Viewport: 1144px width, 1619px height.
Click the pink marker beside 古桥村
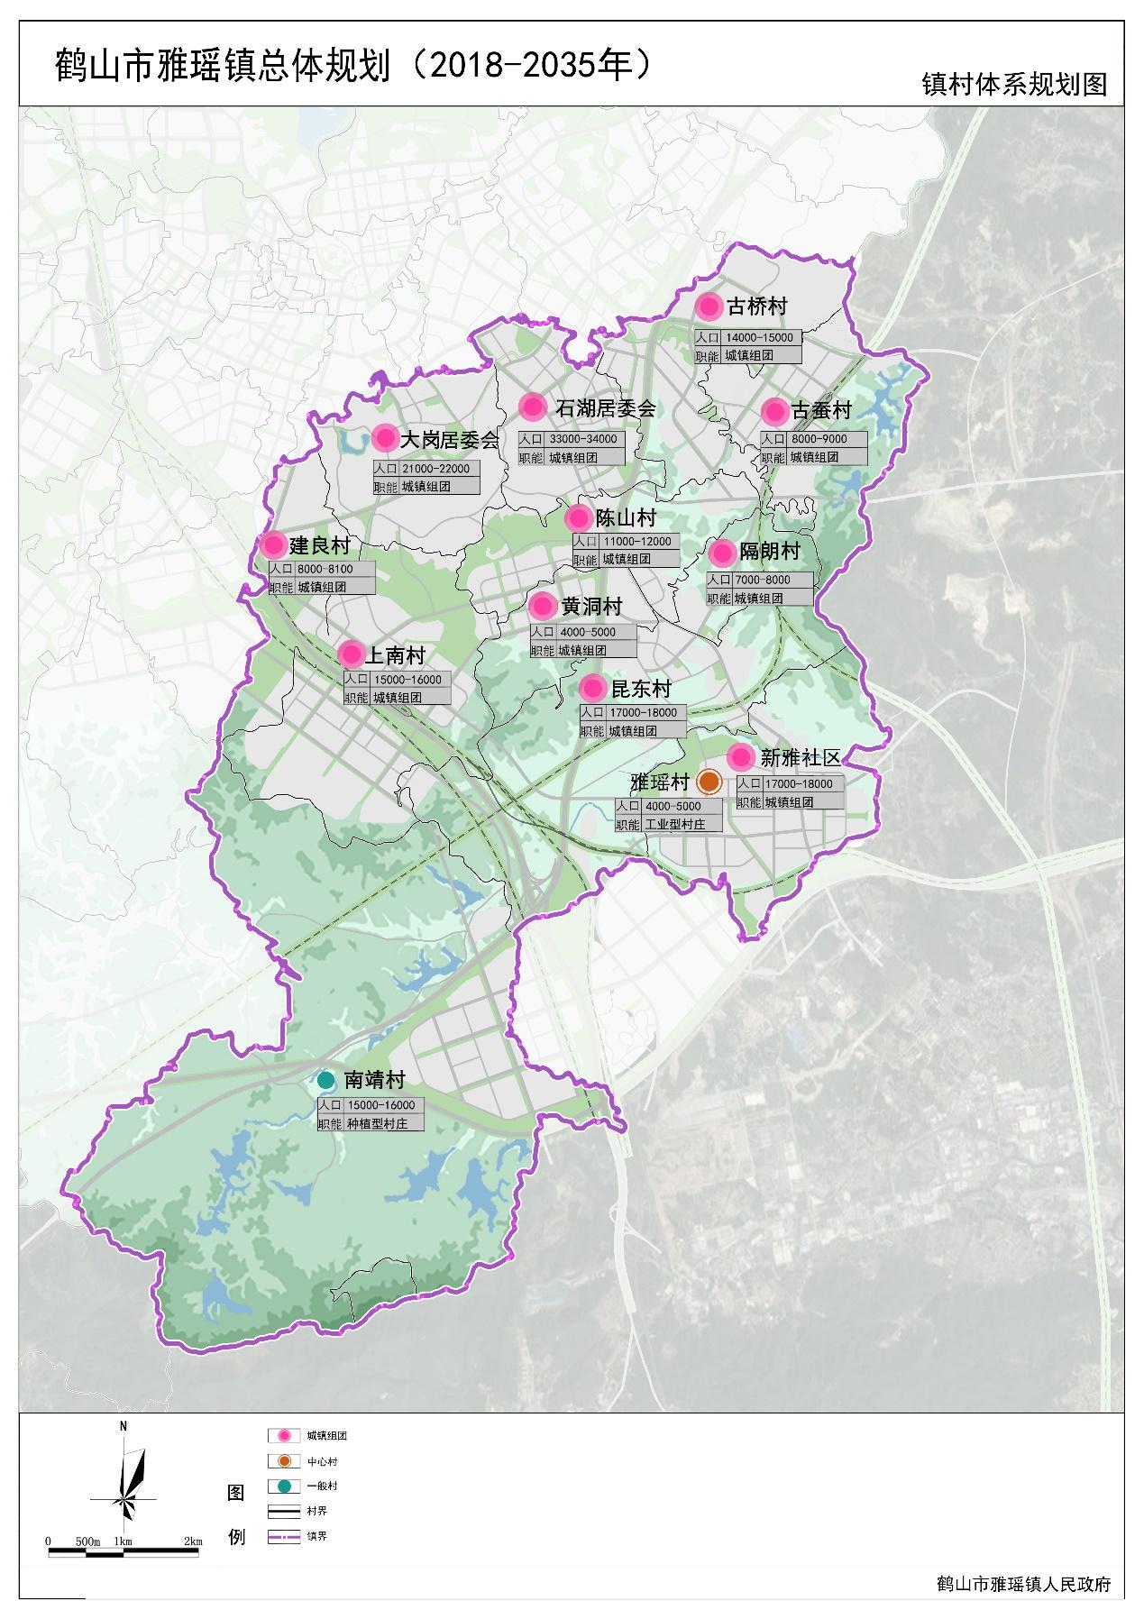(x=709, y=307)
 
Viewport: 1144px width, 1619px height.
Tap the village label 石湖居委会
(x=606, y=408)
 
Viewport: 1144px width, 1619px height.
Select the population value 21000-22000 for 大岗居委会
(x=439, y=469)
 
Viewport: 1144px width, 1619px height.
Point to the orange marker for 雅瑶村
(x=709, y=782)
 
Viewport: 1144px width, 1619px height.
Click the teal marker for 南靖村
(x=326, y=1079)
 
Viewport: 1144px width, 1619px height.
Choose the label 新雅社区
(x=801, y=757)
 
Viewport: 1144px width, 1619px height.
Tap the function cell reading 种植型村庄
(x=378, y=1124)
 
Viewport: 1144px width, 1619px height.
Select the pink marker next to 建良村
(x=273, y=544)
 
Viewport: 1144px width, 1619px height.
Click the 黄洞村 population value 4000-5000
(x=587, y=632)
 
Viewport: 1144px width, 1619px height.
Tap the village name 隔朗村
(x=769, y=551)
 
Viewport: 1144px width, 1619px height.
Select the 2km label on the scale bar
(x=192, y=1541)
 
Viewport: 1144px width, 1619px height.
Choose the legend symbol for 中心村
(x=283, y=1461)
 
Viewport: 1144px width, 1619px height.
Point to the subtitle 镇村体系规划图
(x=1014, y=84)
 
